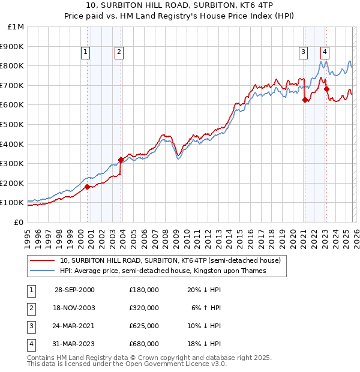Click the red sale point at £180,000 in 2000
88,187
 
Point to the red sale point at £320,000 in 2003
121,160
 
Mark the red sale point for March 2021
305,100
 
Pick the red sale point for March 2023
326,89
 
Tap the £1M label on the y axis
16,26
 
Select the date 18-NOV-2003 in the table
74,308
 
